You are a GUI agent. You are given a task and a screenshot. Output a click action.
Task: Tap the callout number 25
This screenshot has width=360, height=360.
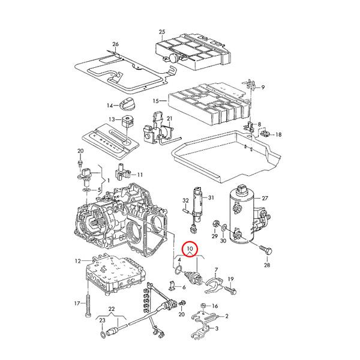tap(162, 32)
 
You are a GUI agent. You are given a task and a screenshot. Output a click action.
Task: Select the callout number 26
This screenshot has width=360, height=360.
tap(115, 44)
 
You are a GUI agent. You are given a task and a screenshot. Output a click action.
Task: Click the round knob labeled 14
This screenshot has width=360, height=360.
tap(128, 104)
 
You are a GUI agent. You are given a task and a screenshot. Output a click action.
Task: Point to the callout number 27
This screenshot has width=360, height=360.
tap(265, 198)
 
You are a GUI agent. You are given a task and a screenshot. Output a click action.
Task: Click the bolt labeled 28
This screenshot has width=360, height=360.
tap(265, 250)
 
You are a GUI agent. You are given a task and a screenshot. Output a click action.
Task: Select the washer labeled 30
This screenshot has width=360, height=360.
tap(224, 228)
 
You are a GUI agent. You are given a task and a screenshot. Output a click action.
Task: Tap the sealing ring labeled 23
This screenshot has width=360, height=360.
tap(103, 334)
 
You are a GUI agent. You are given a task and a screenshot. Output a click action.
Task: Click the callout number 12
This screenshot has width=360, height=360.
tap(78, 261)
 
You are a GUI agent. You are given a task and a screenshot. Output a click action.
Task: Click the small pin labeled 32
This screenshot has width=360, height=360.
tap(185, 210)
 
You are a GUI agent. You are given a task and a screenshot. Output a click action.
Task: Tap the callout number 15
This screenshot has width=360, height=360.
tap(155, 101)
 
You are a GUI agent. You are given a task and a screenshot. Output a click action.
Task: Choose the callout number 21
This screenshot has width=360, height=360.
tap(169, 118)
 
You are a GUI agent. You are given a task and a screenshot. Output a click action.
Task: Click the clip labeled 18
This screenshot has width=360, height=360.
tap(266, 133)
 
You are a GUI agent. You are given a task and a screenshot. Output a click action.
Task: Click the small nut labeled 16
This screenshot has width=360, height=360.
tap(203, 305)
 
